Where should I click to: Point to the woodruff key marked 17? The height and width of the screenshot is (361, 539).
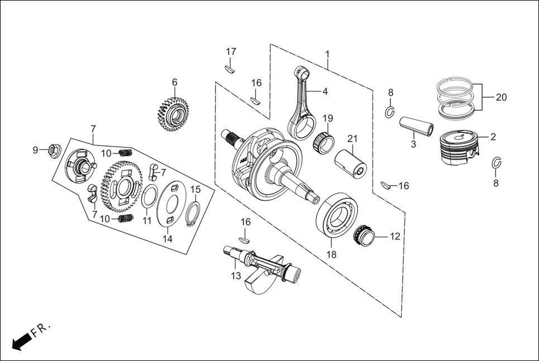pos(230,69)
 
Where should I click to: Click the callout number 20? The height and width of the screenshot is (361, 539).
pos(501,97)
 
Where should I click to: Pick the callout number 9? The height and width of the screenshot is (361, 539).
pos(35,150)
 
